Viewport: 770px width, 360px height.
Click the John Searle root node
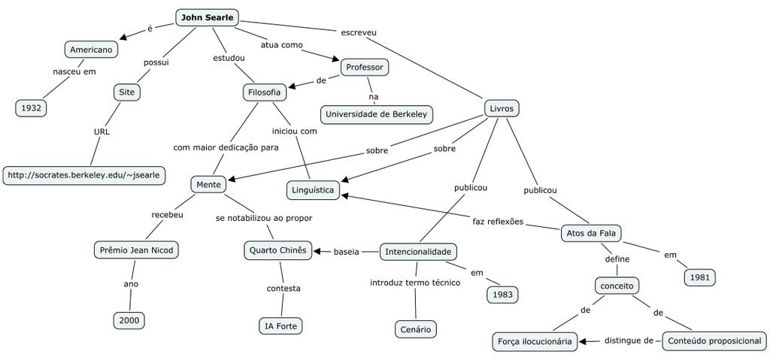tap(207, 17)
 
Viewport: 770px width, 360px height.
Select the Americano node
tap(91, 50)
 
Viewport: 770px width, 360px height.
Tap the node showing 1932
tap(31, 107)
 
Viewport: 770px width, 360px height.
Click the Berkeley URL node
tap(83, 175)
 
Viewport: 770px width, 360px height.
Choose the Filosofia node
tap(264, 92)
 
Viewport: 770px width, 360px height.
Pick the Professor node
tap(365, 67)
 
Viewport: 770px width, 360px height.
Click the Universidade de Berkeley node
tap(377, 114)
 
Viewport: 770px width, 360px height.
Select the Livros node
tap(501, 108)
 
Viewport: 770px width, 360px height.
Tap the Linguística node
tap(313, 190)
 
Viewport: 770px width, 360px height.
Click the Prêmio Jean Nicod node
tap(137, 250)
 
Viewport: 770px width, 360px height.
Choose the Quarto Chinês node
tap(278, 250)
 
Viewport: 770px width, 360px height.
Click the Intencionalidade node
tap(418, 251)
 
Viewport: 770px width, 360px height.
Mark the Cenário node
tap(416, 329)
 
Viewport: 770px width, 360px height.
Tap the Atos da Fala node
tap(592, 233)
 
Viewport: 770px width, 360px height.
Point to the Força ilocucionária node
tap(536, 341)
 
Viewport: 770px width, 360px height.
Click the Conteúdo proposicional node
tap(713, 340)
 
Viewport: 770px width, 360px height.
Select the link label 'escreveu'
tap(359, 32)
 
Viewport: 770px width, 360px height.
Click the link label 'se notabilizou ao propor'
tap(264, 218)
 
